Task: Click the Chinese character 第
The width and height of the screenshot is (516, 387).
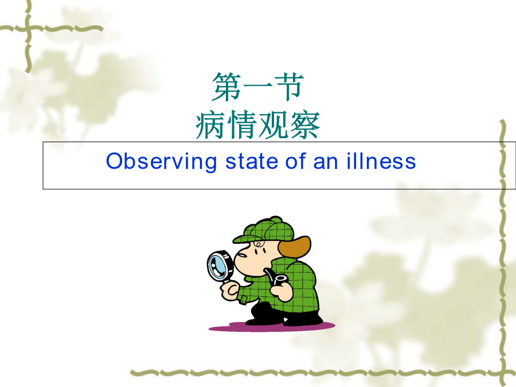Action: (226, 87)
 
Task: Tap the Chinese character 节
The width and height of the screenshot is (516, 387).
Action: (288, 87)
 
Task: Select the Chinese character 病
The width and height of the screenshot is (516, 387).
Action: (210, 125)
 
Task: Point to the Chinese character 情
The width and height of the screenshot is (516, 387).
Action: (242, 125)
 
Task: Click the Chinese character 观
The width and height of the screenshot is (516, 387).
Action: (273, 125)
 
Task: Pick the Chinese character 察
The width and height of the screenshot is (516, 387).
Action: (304, 125)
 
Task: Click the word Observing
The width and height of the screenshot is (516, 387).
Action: (161, 162)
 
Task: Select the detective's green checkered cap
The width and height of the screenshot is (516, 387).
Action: (263, 230)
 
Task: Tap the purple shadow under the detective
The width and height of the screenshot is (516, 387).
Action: (272, 326)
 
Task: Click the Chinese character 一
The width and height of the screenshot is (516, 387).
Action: (257, 86)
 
